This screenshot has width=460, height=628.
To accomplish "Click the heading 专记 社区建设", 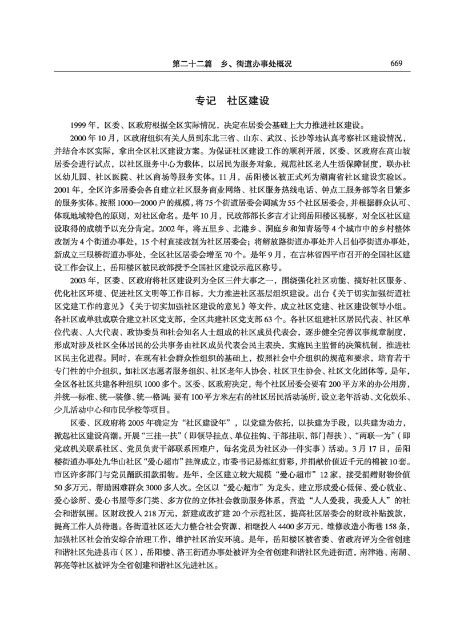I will [229, 101].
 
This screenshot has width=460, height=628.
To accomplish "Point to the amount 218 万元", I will [139, 529].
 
